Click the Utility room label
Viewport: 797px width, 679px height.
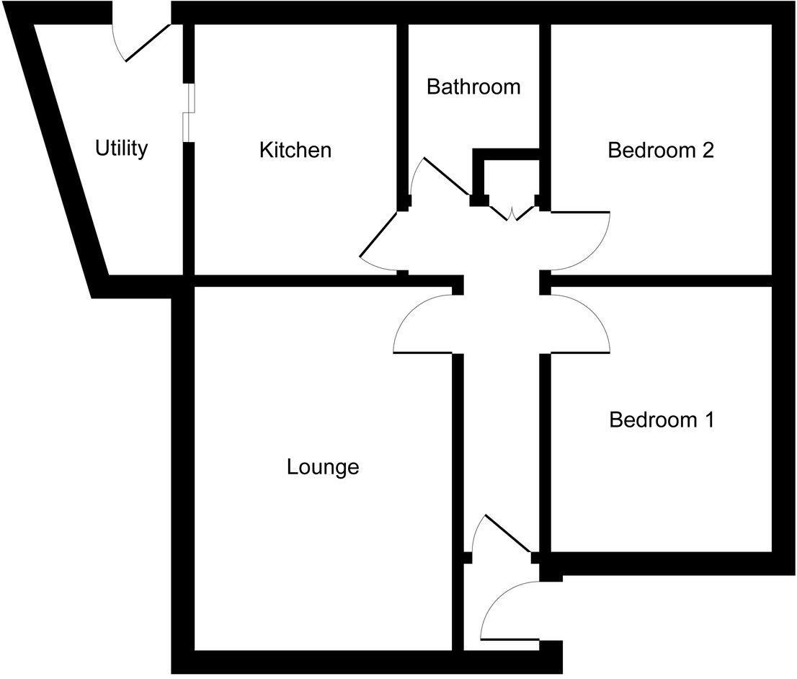pyautogui.click(x=122, y=148)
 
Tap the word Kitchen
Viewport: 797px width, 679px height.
pyautogui.click(x=295, y=150)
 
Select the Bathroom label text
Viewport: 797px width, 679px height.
pyautogui.click(x=473, y=87)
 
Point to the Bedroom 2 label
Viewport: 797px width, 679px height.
pyautogui.click(x=660, y=150)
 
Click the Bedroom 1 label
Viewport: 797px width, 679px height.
pyautogui.click(x=661, y=420)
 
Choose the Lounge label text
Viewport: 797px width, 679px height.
pyautogui.click(x=323, y=467)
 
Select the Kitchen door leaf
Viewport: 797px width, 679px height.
pyautogui.click(x=378, y=234)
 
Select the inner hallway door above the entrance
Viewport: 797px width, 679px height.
pyautogui.click(x=509, y=534)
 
